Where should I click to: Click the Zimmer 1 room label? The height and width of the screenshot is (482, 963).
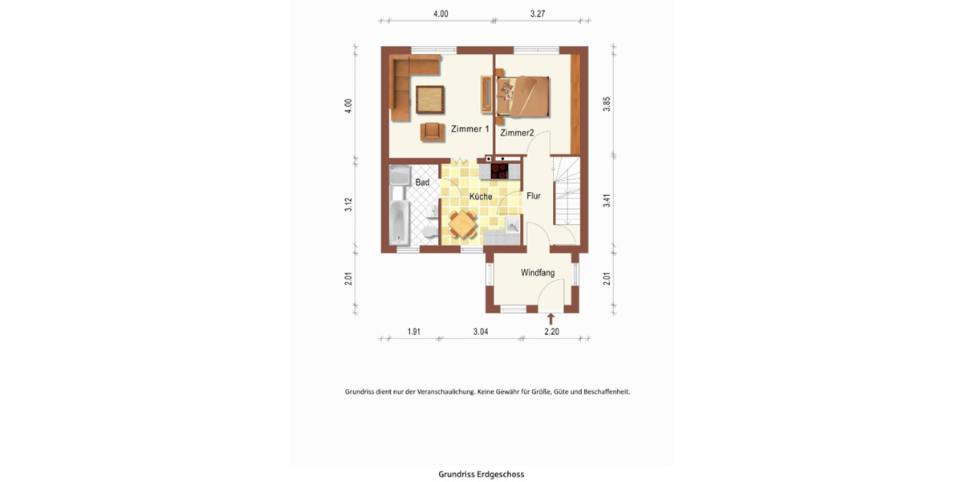469,129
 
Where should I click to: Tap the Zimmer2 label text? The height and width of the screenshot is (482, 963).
517,133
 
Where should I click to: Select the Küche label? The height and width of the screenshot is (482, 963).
481,197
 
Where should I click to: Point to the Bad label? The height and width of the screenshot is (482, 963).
422,182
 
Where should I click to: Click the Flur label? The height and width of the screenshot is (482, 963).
534,195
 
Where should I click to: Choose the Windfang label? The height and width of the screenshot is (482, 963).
538,273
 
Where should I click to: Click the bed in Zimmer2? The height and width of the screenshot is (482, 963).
523,95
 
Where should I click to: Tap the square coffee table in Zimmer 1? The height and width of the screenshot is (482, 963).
432,100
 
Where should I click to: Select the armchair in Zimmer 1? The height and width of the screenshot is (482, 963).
432,131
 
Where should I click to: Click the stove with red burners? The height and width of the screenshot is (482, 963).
499,170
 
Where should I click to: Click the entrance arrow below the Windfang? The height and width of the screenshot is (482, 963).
551,319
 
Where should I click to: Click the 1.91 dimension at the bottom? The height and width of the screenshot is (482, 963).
414,332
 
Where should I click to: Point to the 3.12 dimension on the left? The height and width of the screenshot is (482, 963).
348,205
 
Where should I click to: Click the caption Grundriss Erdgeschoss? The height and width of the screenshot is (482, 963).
481,474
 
